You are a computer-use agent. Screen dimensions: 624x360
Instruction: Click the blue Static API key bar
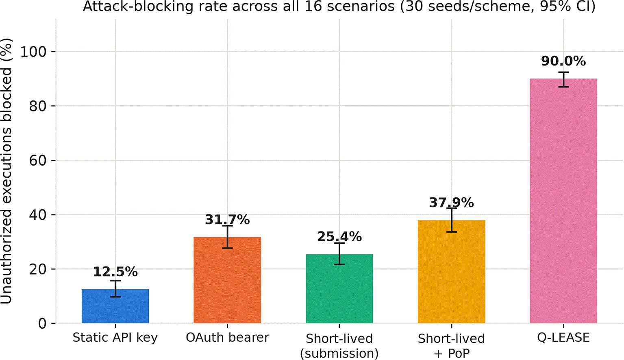coord(115,306)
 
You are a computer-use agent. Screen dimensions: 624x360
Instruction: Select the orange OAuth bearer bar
coord(227,280)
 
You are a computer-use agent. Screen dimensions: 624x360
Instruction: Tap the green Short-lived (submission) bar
coord(339,289)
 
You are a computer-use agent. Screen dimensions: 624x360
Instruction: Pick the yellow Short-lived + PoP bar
coord(452,272)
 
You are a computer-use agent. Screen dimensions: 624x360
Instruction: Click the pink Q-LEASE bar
coord(563,201)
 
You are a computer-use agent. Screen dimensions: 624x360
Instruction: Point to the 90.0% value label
coord(563,61)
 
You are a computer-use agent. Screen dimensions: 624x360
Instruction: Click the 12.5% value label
coord(115,272)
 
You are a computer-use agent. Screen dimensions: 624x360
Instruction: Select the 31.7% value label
coord(227,220)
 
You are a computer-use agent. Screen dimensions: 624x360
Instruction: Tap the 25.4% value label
coord(339,237)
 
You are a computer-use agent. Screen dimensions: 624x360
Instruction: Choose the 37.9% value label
coord(452,203)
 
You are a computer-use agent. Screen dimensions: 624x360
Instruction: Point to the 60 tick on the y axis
coord(41,161)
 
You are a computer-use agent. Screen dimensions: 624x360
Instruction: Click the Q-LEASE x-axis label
coord(563,338)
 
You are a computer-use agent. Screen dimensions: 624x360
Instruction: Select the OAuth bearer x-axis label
coord(227,338)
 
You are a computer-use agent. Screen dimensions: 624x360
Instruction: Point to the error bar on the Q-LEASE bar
coord(563,79)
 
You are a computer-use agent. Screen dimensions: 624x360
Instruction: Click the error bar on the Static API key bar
coord(115,289)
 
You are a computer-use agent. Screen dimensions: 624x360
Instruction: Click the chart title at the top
coord(339,7)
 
